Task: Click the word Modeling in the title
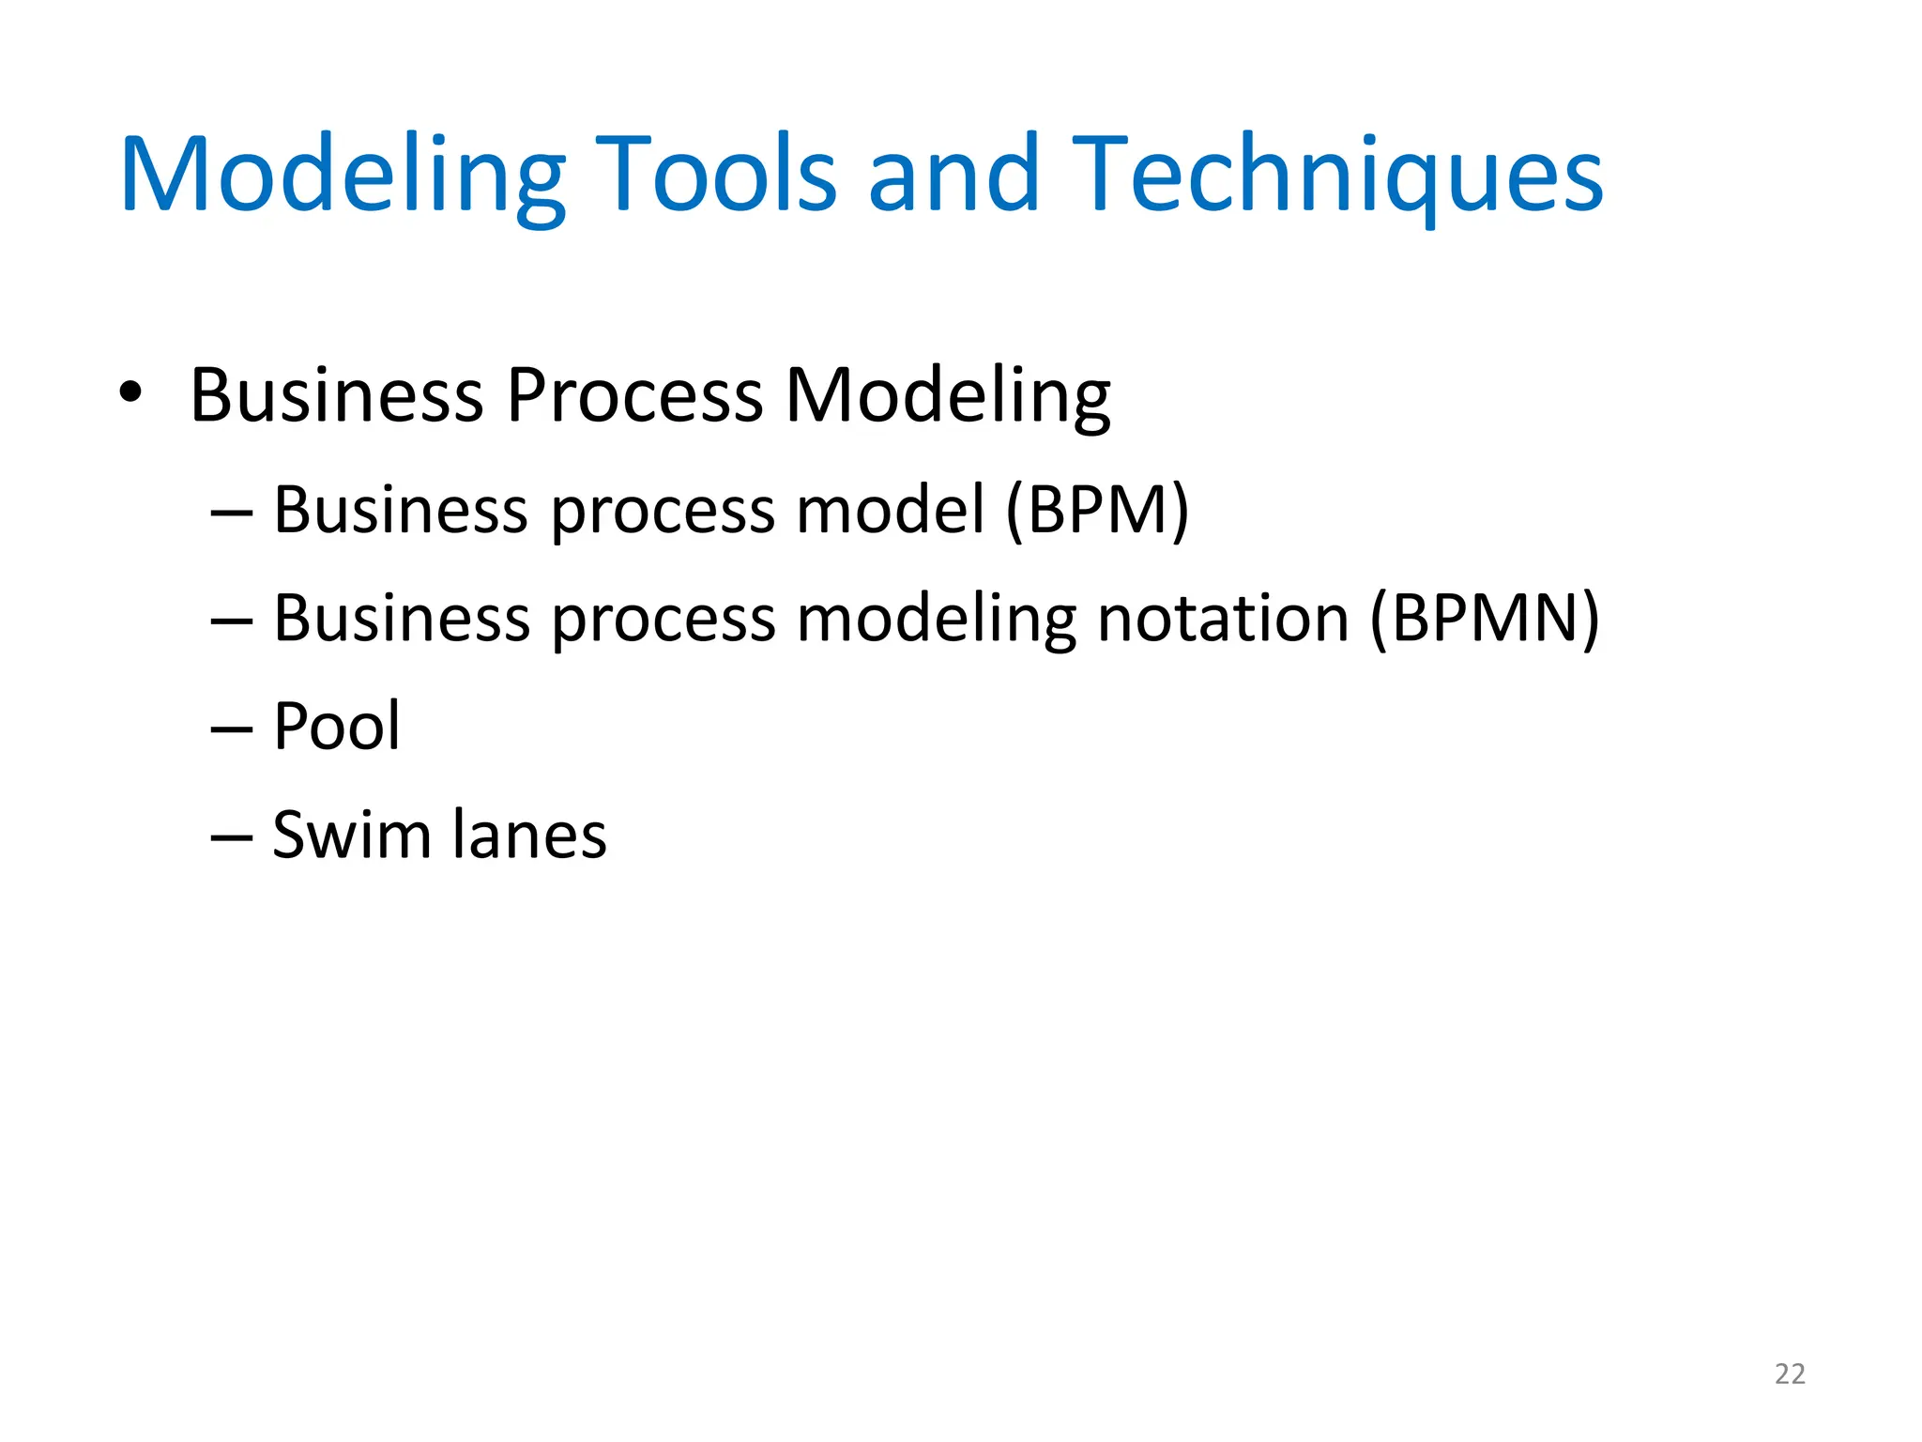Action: tap(343, 176)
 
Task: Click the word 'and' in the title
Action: tap(953, 176)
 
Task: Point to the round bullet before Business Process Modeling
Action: tap(130, 393)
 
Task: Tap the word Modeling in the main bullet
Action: tap(948, 395)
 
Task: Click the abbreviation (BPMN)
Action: tap(1485, 619)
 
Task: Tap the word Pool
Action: tap(336, 727)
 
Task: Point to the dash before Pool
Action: tap(232, 729)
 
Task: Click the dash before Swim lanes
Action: tap(232, 837)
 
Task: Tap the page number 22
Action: tap(1790, 1374)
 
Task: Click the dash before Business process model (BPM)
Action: tap(232, 514)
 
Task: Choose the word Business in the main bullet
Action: tap(336, 395)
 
